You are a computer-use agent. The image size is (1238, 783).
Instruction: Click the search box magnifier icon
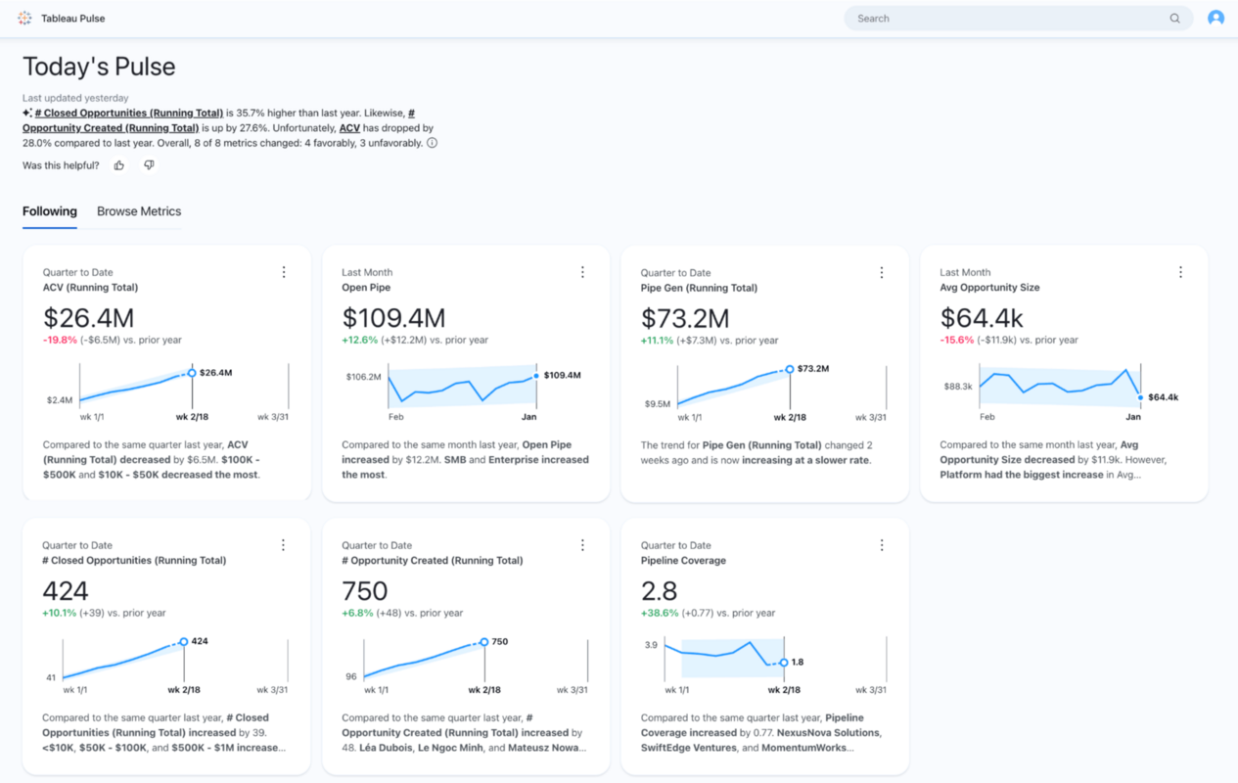(1174, 19)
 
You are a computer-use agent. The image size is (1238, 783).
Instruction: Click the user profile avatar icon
(1215, 18)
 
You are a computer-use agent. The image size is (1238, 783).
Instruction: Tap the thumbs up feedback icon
(119, 165)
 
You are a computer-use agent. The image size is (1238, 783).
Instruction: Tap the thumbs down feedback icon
(149, 165)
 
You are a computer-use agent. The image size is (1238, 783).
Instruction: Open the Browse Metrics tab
(139, 211)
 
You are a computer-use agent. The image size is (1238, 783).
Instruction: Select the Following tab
(50, 211)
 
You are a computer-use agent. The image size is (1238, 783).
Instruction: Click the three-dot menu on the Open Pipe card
(582, 272)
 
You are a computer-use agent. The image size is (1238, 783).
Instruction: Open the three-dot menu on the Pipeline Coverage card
(881, 545)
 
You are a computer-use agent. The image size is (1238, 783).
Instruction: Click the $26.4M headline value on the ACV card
(88, 318)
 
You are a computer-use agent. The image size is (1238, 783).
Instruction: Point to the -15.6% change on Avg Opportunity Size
(957, 340)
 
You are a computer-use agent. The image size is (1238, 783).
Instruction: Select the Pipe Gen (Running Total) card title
(699, 288)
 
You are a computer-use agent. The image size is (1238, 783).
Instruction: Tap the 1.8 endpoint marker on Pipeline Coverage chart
(784, 663)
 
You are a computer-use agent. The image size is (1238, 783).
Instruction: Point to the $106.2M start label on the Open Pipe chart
(363, 377)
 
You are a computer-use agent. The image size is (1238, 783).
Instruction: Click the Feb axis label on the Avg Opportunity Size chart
(986, 417)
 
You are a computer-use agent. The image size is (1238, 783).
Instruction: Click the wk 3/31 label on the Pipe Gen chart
(871, 417)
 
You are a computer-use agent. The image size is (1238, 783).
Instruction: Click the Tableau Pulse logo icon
(24, 19)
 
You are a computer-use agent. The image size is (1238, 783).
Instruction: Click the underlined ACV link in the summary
(350, 128)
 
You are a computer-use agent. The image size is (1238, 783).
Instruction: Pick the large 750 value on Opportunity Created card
(365, 591)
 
